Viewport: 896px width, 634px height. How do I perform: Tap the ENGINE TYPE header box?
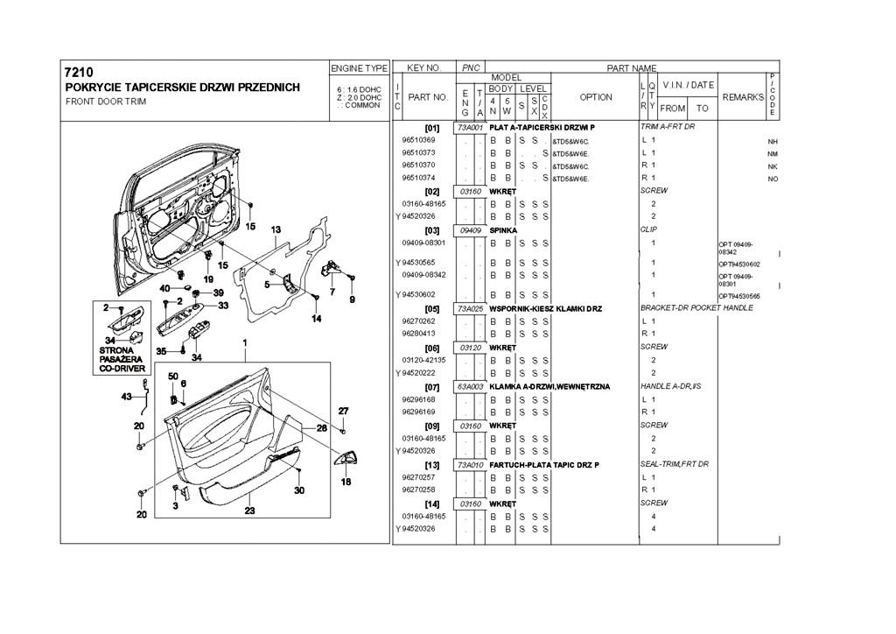[359, 67]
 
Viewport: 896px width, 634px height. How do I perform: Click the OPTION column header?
[596, 97]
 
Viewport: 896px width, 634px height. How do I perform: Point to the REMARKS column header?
[744, 97]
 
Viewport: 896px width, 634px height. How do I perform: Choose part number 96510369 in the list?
[419, 140]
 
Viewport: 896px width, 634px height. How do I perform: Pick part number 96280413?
[419, 334]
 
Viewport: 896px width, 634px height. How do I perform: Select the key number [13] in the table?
[431, 463]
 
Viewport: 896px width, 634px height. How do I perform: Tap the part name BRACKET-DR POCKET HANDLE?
[696, 308]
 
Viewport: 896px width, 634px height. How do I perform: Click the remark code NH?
[773, 141]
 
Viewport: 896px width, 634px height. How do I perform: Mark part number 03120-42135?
[424, 360]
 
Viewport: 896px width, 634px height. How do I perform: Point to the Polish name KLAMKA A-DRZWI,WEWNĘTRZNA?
[549, 386]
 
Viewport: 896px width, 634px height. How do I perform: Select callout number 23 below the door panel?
[249, 511]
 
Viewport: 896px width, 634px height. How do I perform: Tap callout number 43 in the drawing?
[126, 397]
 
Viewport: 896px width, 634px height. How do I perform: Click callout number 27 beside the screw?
[344, 411]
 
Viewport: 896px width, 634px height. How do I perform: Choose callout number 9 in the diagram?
[352, 300]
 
